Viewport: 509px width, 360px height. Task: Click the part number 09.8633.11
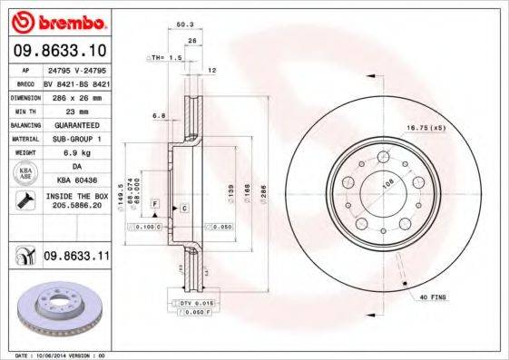click(76, 258)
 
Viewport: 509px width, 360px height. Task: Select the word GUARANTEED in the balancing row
click(76, 124)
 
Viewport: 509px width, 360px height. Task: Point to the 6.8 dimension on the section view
click(159, 116)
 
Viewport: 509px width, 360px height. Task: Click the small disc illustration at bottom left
click(56, 313)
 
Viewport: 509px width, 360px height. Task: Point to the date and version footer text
click(59, 355)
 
